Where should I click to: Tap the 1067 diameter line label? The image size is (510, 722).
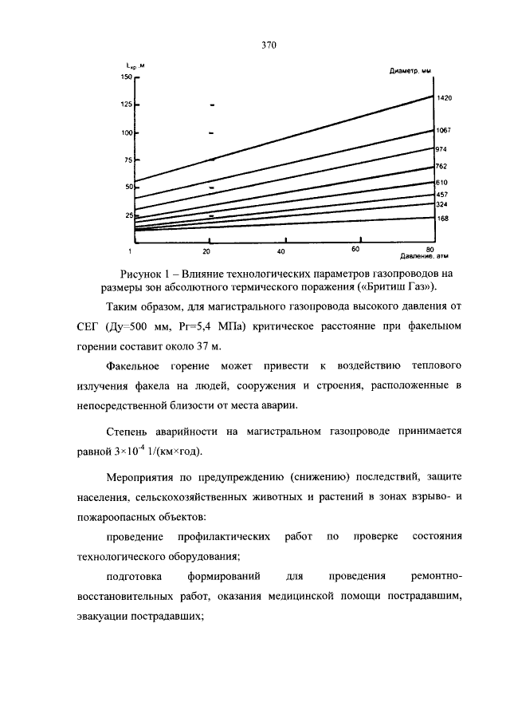coord(445,130)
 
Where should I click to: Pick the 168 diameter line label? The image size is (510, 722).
coord(443,218)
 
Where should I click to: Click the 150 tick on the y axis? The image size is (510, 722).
coord(125,77)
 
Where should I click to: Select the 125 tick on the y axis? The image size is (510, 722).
coord(125,105)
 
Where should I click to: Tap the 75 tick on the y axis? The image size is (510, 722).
coord(127,160)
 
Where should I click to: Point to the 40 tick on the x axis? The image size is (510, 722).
coord(281,251)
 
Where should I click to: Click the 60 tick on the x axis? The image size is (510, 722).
coord(355,250)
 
